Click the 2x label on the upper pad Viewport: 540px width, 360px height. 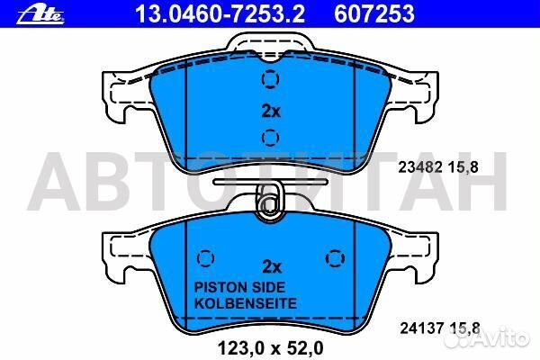271,112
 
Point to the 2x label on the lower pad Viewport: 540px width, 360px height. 271,266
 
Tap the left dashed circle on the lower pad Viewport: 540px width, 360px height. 204,256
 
